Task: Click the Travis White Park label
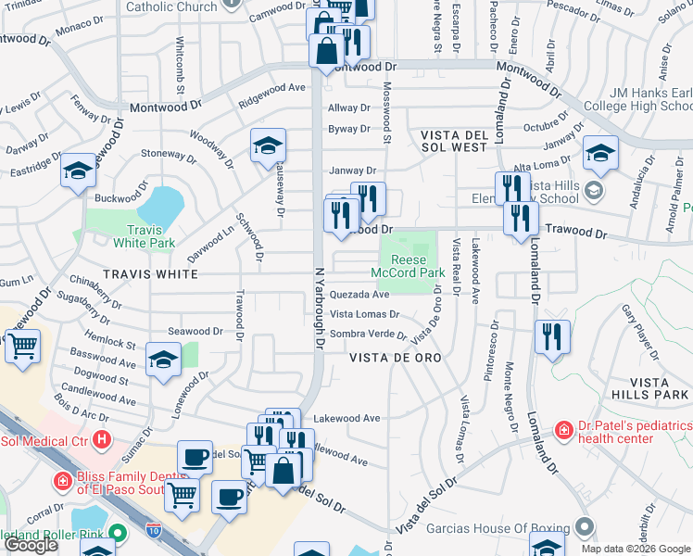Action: coord(144,236)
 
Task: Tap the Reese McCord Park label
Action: coord(408,267)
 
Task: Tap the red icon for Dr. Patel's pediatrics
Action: coord(562,430)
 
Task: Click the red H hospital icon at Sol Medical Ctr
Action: coord(102,439)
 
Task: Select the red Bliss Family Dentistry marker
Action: coord(62,482)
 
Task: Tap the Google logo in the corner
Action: coord(31,545)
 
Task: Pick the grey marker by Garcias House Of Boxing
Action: coord(584,528)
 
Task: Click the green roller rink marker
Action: coord(118,533)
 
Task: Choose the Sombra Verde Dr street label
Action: coord(369,334)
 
